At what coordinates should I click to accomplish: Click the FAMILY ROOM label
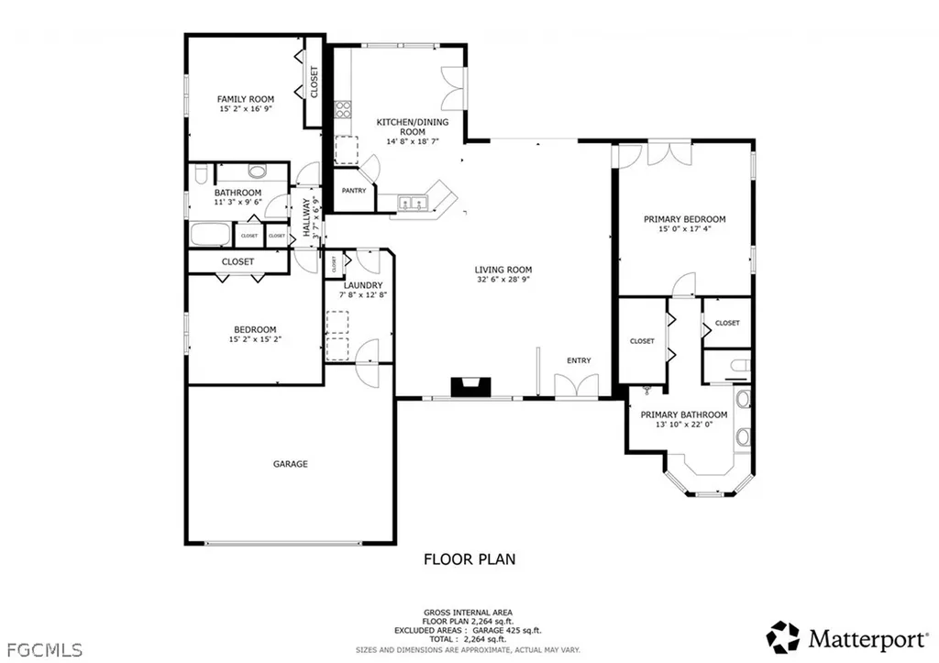click(x=245, y=99)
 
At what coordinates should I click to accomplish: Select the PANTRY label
click(x=354, y=191)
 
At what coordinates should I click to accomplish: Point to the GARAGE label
click(x=290, y=464)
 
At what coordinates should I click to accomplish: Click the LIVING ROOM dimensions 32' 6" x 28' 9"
click(x=503, y=281)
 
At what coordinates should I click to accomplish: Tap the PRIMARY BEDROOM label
click(x=684, y=219)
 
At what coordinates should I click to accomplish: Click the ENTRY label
click(x=579, y=360)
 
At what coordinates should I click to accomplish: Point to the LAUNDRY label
click(x=356, y=284)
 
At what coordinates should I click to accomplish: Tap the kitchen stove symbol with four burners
click(x=343, y=110)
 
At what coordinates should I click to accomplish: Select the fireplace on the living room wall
click(x=469, y=388)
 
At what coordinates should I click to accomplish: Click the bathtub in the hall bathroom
click(x=211, y=234)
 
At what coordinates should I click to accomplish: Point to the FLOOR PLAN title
click(x=469, y=558)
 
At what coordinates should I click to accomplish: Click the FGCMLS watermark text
click(x=42, y=649)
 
